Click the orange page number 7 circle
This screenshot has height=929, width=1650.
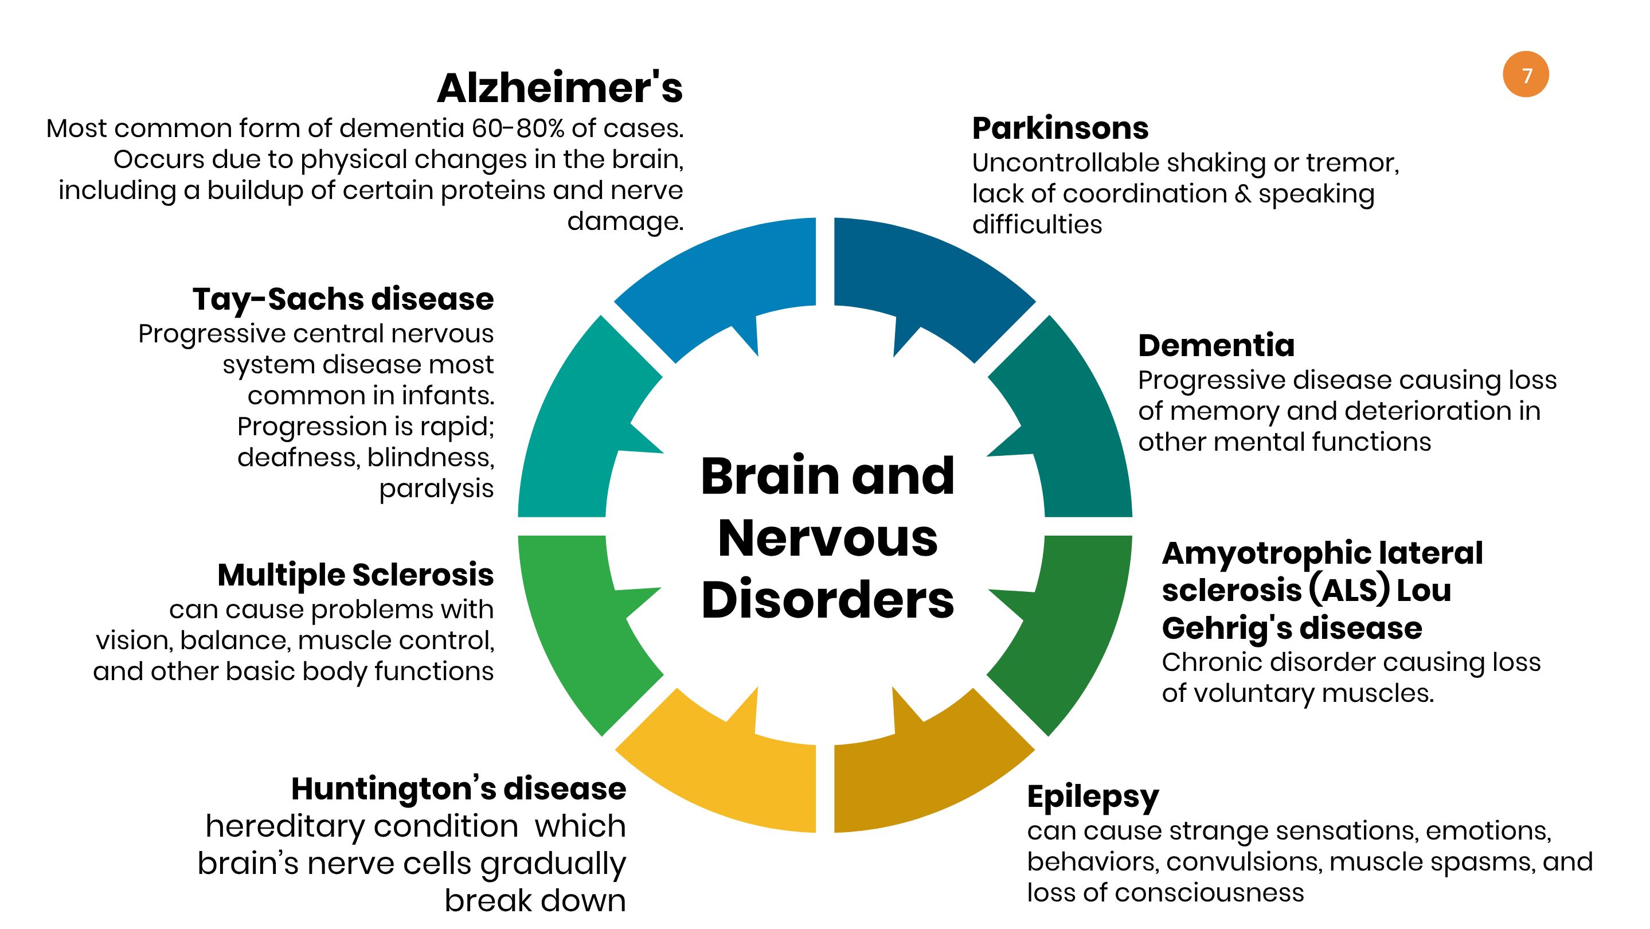pyautogui.click(x=1526, y=75)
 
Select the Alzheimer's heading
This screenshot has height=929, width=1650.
pyautogui.click(x=560, y=88)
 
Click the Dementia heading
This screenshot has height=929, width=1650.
pyautogui.click(x=1216, y=345)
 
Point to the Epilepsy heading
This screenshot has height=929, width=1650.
pyautogui.click(x=1093, y=798)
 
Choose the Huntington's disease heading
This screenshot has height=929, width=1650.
pyautogui.click(x=459, y=789)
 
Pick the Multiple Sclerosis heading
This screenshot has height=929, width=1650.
pyautogui.click(x=355, y=575)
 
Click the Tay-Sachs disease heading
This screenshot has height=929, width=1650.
pyautogui.click(x=343, y=299)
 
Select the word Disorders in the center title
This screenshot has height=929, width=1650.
pyautogui.click(x=827, y=600)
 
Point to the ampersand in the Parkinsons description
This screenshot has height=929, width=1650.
pyautogui.click(x=1242, y=193)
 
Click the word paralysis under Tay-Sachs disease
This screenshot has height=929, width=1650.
pyautogui.click(x=436, y=489)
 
